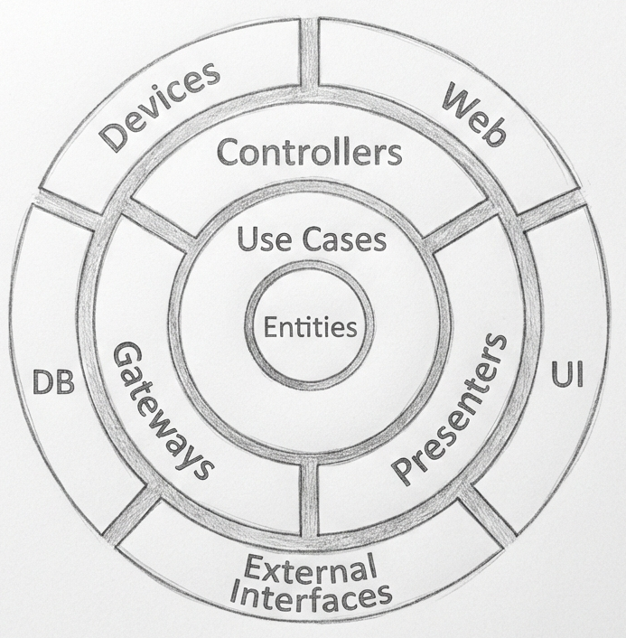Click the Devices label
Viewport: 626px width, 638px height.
[x=160, y=108]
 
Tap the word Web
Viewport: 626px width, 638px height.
[x=474, y=115]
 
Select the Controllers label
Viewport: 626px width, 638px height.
[x=310, y=152]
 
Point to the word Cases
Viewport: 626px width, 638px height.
[x=344, y=239]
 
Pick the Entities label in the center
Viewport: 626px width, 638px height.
[x=311, y=327]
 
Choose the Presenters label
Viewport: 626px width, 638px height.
[x=450, y=409]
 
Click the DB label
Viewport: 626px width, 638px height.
[x=53, y=382]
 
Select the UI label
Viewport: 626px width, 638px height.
[x=567, y=374]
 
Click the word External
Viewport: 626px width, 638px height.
[x=310, y=568]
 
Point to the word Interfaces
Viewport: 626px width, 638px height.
[x=311, y=596]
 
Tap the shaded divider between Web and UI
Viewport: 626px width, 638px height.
[x=550, y=209]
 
